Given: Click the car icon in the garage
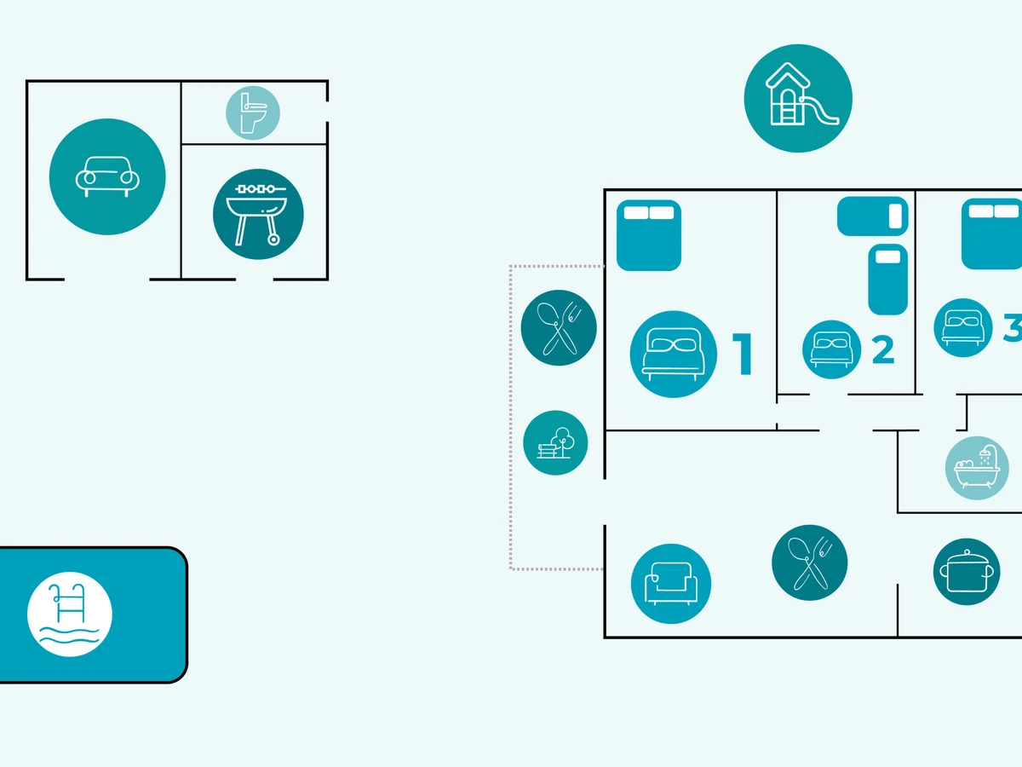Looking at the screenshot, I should coord(107,177).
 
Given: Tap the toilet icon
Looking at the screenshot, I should coord(253,113).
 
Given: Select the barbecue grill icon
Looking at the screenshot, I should coord(258,214).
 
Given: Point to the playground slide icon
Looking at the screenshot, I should coord(798,98).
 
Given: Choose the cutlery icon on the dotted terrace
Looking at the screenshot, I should coord(559,328).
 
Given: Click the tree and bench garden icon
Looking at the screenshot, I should coord(555,442).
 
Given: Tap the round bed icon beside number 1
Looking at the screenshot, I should coord(674,354).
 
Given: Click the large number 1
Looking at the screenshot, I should coord(742,354).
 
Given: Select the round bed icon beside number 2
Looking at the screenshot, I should coord(831,349).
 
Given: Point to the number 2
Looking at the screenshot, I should coord(882,349).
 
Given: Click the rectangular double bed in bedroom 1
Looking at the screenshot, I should coord(649,235).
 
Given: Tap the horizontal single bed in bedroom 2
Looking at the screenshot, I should coord(871,216).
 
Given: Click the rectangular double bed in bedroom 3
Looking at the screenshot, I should coord(992,234).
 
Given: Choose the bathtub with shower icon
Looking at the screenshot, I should coord(977,468).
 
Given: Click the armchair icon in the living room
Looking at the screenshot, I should coord(671,584).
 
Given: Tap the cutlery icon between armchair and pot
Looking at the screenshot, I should coord(809,562).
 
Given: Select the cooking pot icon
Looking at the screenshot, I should coord(967,571).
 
